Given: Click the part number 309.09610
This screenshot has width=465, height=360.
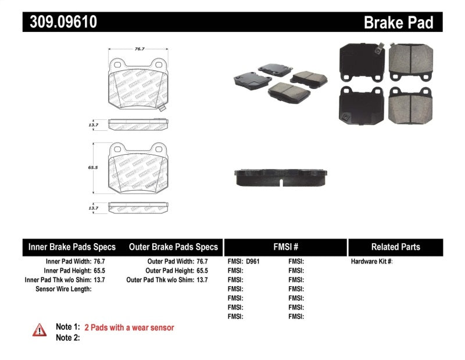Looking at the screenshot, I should point(60,22).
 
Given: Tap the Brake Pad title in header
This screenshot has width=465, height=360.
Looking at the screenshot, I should point(398,23).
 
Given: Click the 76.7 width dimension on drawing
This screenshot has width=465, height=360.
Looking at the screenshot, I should point(139,49).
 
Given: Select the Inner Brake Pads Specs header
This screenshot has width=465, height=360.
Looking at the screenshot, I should point(72,247).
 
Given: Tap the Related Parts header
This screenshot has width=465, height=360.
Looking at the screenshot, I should point(396,247).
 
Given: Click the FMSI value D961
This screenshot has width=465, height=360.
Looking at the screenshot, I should point(253,262).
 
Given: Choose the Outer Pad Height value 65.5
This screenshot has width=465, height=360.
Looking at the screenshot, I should point(201,270).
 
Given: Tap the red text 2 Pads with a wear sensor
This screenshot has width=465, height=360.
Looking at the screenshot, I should point(129,327).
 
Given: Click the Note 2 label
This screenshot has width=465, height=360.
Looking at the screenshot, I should point(67,337).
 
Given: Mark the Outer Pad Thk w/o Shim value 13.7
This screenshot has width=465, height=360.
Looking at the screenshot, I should point(201,280).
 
